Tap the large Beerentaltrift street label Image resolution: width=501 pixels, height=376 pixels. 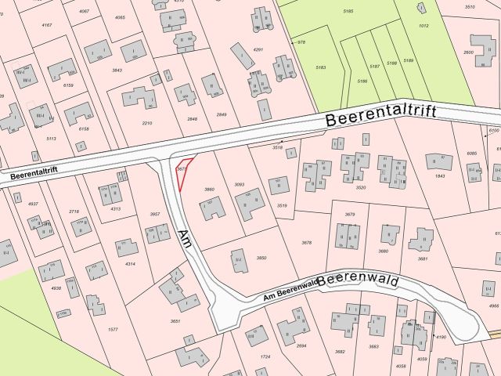(380, 119)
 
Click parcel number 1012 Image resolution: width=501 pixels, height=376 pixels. (424, 26)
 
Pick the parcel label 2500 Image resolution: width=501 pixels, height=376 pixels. (468, 52)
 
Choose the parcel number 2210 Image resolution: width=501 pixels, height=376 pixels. (146, 123)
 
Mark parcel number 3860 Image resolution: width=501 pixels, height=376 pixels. (209, 190)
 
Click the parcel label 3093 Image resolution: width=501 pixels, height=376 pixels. (240, 184)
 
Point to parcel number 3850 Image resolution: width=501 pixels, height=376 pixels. (261, 258)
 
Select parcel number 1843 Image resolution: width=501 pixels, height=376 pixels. (440, 175)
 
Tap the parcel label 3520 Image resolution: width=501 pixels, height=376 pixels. (361, 188)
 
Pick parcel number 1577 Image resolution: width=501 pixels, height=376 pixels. (113, 330)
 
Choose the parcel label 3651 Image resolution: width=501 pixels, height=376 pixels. (175, 321)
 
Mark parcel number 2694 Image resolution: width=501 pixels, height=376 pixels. (301, 345)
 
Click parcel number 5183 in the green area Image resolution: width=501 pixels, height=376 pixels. (320, 68)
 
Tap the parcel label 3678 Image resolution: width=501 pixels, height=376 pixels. (307, 243)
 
